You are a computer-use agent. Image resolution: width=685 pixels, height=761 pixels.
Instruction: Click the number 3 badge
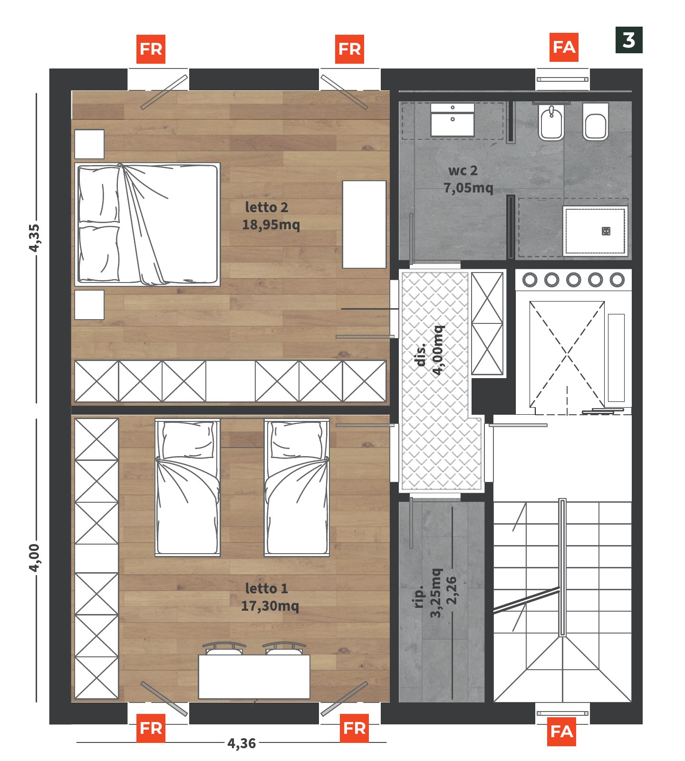[628, 40]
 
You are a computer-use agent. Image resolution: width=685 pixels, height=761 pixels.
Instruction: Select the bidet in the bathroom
[551, 123]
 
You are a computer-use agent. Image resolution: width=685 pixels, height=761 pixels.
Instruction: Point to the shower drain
[606, 231]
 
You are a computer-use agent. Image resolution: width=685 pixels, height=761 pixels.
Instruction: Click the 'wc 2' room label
[463, 170]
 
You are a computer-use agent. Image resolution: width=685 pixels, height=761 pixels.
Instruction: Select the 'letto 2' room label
[267, 207]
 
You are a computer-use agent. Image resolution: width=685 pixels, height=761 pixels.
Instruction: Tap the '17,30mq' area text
[270, 606]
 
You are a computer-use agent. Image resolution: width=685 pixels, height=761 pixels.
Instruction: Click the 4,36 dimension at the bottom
[241, 743]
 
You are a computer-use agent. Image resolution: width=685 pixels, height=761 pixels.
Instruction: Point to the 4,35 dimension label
[34, 238]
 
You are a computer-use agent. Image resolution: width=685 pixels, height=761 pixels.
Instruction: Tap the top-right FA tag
[564, 47]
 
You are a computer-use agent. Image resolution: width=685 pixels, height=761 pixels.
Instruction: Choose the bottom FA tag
[562, 732]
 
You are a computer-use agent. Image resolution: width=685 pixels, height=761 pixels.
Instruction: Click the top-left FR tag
[151, 49]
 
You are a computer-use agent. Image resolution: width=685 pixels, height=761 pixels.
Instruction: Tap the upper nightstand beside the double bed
[89, 144]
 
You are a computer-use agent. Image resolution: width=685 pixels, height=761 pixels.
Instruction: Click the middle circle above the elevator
[573, 280]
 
